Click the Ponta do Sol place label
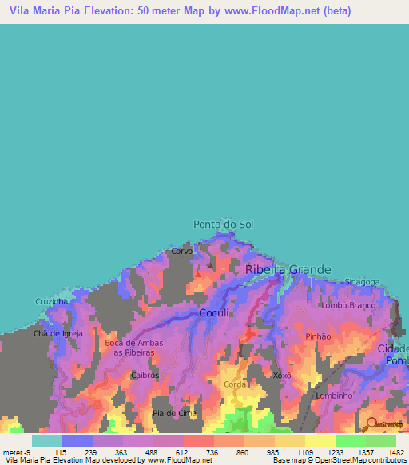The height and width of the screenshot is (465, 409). [223, 225]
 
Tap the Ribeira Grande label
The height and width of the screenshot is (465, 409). [288, 270]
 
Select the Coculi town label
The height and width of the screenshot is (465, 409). [215, 312]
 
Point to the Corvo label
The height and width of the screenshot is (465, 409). [181, 251]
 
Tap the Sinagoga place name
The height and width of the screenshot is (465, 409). [362, 282]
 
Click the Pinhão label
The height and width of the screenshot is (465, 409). [318, 336]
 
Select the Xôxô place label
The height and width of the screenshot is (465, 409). [281, 375]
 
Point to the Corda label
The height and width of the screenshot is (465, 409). [234, 384]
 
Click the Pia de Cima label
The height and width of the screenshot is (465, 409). [174, 413]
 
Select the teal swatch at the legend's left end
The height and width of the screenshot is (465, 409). [47, 440]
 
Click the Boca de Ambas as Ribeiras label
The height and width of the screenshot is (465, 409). [126, 348]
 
